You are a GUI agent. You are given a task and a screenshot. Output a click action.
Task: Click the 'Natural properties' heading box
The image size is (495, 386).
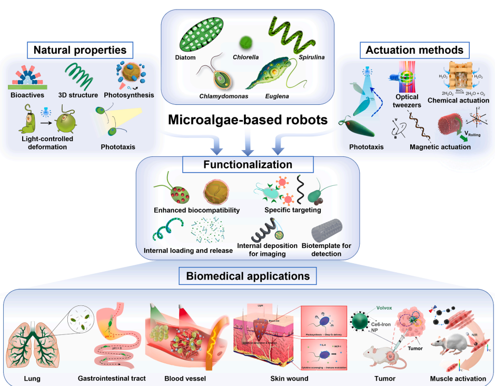point(80,51)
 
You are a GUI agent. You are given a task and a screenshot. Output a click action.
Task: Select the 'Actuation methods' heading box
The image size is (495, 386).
point(414,50)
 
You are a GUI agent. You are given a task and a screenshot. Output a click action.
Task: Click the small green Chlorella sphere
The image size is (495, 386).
point(244,41)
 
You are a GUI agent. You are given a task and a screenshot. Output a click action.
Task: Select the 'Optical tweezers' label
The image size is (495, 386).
point(407,100)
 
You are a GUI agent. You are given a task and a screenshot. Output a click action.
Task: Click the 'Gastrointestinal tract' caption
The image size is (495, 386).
point(112,378)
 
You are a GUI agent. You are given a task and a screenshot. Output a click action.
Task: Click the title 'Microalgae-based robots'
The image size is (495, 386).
point(247,120)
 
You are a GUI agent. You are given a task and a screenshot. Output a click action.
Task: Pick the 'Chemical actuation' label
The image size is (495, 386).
point(458,100)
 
